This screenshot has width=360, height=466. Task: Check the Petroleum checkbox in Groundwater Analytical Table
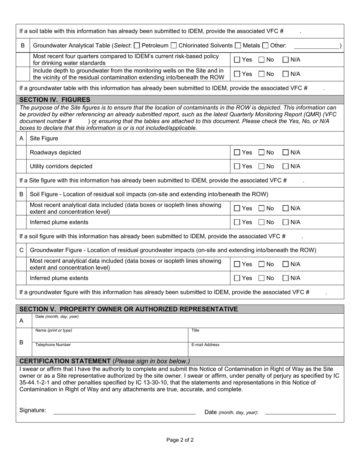tap(137, 46)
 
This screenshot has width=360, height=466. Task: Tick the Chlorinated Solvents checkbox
tap(174, 46)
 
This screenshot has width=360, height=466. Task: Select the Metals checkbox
tap(238, 46)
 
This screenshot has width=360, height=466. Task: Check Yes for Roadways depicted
tap(237, 153)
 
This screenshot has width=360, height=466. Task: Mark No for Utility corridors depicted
tap(262, 166)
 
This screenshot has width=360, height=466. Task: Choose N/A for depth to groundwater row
tap(286, 74)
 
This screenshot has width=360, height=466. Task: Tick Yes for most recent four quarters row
tap(237, 59)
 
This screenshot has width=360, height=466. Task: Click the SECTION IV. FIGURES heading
tap(55, 100)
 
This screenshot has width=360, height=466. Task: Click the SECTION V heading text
tap(128, 309)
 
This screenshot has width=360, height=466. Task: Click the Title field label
tap(195, 330)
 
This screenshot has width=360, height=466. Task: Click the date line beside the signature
tap(300, 412)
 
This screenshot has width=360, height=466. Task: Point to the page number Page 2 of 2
tap(180, 440)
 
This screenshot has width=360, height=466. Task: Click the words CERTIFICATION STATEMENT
tap(65, 361)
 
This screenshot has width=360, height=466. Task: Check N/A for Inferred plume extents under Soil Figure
tap(286, 222)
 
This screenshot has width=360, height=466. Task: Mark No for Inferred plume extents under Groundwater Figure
tap(262, 278)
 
